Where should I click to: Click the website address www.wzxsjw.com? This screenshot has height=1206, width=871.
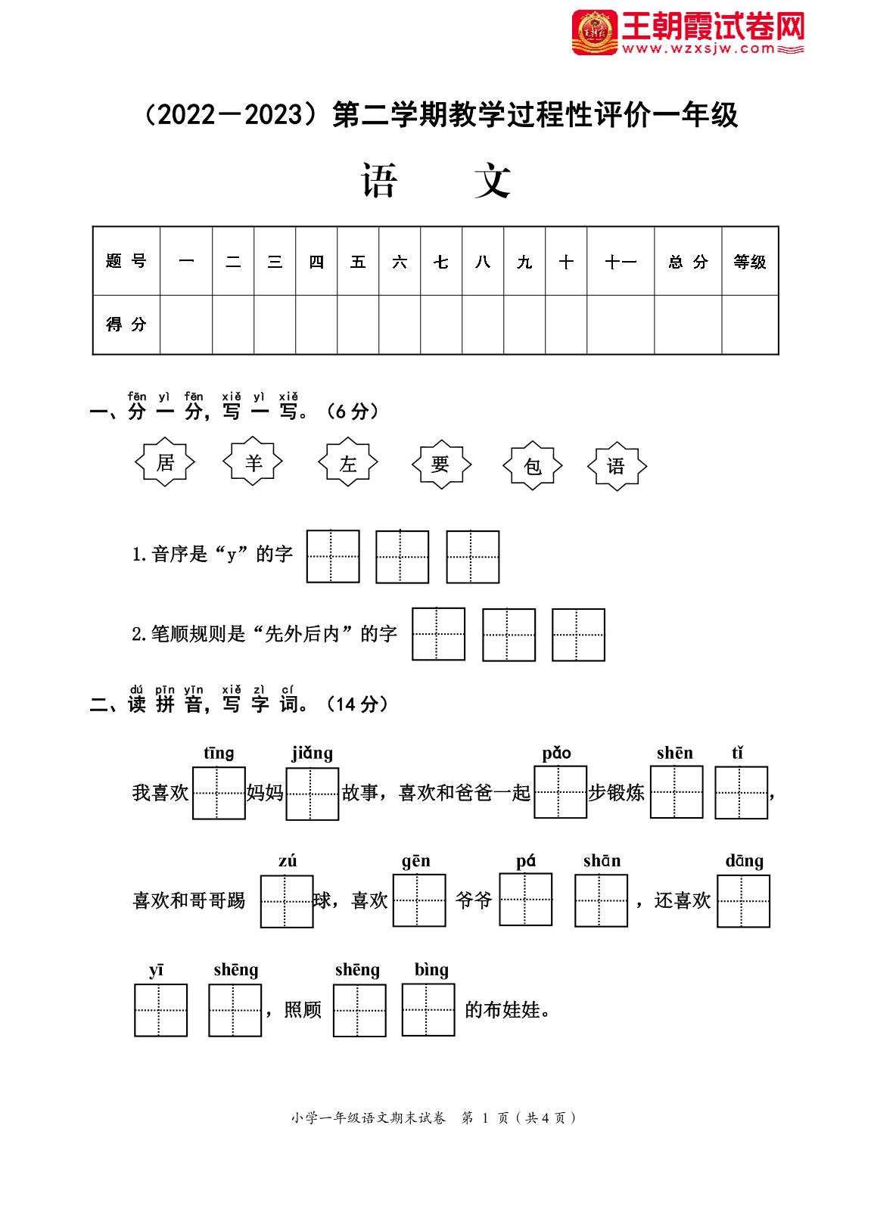point(700,49)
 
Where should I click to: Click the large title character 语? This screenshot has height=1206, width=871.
point(378,182)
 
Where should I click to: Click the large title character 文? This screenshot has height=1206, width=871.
point(493,182)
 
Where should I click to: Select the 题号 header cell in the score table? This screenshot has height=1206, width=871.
point(126,262)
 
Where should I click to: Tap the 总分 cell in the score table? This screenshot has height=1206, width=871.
point(688,262)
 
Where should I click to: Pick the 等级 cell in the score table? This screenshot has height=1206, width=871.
point(750,262)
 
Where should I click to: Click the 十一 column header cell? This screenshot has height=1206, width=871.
point(621,262)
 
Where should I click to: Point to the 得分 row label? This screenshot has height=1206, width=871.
point(126,325)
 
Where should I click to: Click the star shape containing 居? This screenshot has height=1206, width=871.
point(165,462)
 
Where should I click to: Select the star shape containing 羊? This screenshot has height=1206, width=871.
point(254,462)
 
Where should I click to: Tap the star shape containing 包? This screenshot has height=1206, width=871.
point(533,466)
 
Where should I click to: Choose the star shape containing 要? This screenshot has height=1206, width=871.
point(440,464)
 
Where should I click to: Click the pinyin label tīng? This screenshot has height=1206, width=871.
point(219,754)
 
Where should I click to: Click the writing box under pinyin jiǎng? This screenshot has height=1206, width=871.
point(313,794)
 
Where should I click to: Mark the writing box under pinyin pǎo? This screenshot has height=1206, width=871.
point(561,792)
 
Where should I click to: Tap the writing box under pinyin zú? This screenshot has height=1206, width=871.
point(287,901)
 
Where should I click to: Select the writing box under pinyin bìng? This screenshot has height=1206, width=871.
point(428,1009)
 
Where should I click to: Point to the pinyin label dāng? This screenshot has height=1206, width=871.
point(745,862)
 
